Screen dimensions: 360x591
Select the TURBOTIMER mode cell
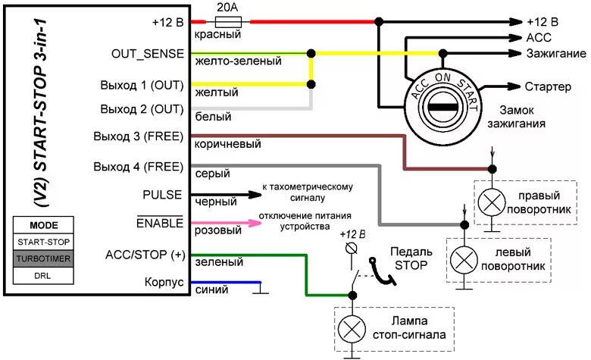click(43, 258)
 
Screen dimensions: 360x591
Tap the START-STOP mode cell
click(43, 241)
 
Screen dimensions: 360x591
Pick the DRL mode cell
click(43, 275)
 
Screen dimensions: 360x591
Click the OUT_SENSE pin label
click(147, 54)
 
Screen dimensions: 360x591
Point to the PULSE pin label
click(162, 195)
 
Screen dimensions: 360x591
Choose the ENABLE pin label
click(160, 223)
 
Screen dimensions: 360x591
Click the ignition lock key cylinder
click(438, 107)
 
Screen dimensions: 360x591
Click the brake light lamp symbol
click(351, 327)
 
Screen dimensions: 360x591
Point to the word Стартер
click(548, 86)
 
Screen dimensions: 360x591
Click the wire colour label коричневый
click(228, 144)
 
